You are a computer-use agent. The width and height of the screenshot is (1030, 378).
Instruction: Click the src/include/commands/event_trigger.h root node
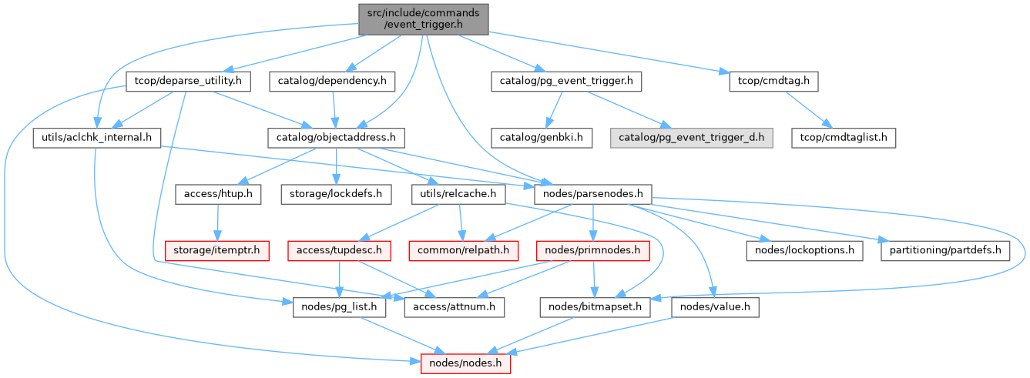click(x=423, y=18)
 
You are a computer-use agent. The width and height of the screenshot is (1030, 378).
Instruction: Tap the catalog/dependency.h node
click(x=332, y=80)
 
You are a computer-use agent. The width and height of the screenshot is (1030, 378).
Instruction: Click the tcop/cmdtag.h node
click(x=773, y=80)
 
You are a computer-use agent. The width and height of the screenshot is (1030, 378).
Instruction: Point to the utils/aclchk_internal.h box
click(x=96, y=138)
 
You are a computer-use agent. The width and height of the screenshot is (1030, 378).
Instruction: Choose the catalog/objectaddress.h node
click(x=337, y=138)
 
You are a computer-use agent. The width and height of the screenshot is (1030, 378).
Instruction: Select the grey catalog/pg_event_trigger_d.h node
click(x=691, y=138)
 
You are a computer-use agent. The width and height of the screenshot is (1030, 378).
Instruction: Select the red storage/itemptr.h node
click(x=218, y=250)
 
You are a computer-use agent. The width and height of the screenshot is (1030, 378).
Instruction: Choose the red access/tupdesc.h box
click(x=340, y=250)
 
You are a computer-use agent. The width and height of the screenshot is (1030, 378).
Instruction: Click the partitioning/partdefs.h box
click(x=944, y=250)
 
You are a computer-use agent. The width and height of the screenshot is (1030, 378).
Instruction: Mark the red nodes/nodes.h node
click(x=465, y=362)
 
